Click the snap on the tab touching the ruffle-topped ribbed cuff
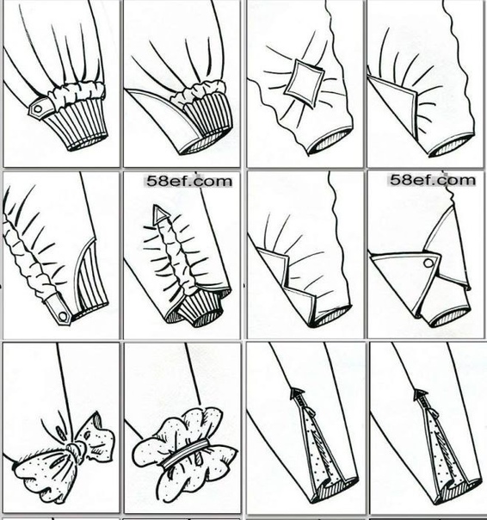pos(38,108)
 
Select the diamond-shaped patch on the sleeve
pos(304,83)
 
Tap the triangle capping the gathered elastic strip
pos(160,214)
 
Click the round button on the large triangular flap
pos(428,263)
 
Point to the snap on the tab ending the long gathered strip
pos(63,315)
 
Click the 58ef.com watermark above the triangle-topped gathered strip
pos(189,182)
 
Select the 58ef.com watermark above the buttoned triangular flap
pos(432,180)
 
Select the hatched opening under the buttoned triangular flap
pos(450,317)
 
